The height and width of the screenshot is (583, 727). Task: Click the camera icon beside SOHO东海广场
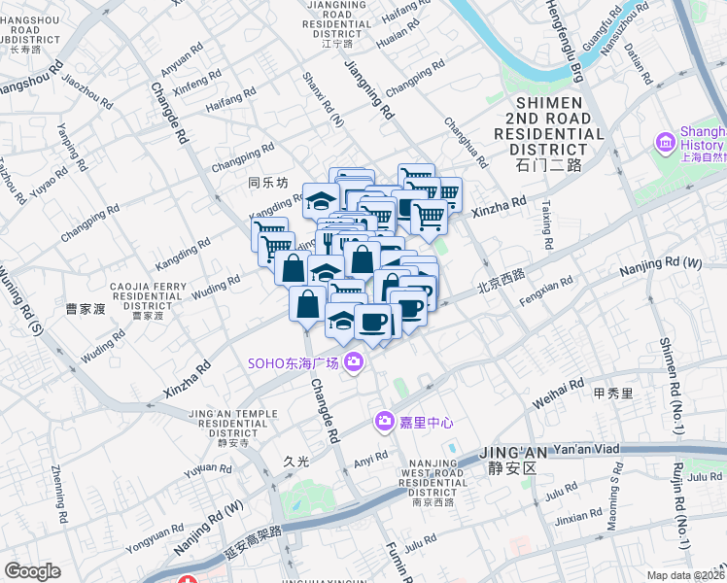tap(353, 362)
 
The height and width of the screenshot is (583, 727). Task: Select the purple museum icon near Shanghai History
tap(666, 143)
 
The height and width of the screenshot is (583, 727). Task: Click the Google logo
tap(32, 571)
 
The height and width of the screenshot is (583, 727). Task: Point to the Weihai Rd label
tap(556, 394)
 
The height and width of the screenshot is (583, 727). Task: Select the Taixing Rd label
tap(546, 224)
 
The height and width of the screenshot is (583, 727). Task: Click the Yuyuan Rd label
tap(207, 471)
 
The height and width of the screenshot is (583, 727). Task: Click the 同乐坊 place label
tap(269, 182)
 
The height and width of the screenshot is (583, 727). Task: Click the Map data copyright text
tap(686, 574)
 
